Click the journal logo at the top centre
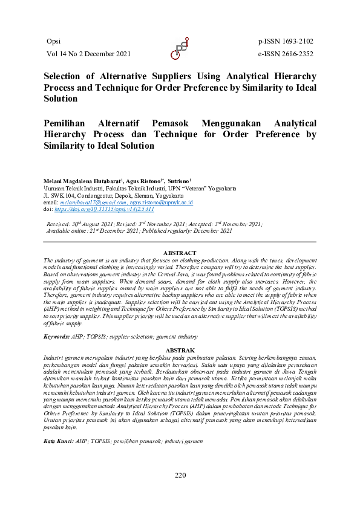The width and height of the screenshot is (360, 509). coord(180,48)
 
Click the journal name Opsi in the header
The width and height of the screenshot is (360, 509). coord(53,41)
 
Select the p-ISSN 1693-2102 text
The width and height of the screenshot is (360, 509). coord(285,41)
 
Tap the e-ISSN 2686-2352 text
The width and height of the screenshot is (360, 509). coord(285,54)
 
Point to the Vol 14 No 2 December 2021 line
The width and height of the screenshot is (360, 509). coord(88,54)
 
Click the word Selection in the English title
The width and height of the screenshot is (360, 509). coord(63,77)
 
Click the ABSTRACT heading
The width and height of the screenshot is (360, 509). coord(180,253)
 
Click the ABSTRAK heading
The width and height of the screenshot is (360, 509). coord(180,350)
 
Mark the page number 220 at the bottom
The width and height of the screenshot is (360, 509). coord(180,475)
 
